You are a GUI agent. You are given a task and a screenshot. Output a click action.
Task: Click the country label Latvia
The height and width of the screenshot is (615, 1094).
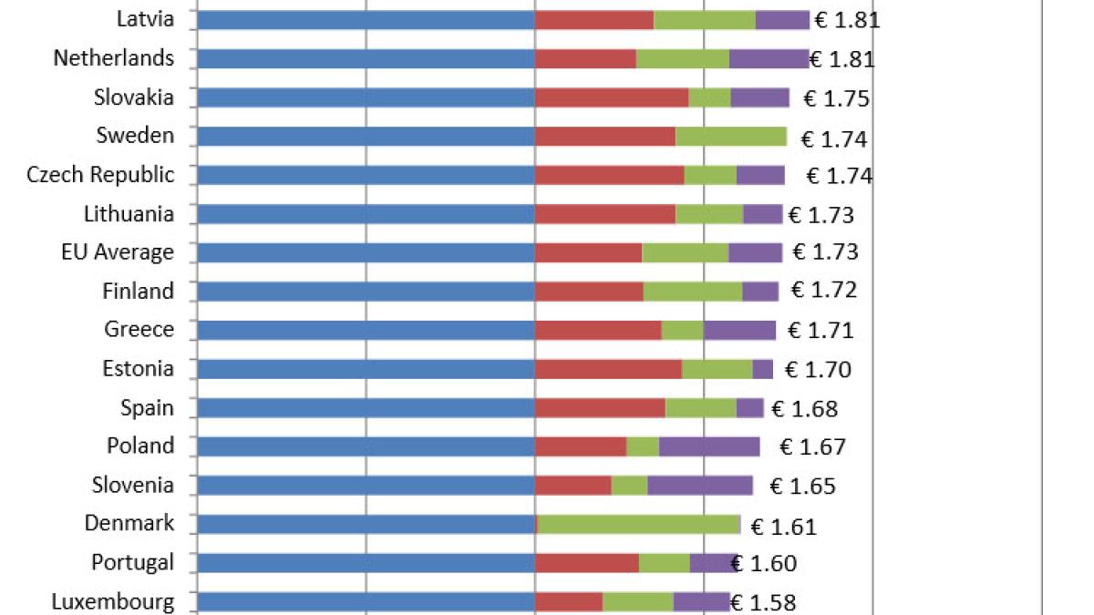coord(145,19)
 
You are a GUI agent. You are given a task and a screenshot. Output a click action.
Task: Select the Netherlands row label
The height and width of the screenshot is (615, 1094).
coord(113,58)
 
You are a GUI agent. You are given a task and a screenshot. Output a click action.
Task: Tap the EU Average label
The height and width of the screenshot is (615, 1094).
coord(117,252)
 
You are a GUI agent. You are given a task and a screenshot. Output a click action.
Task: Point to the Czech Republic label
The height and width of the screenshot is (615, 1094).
coord(100,175)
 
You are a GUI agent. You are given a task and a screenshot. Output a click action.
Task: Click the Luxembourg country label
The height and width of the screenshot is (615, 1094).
coord(112,601)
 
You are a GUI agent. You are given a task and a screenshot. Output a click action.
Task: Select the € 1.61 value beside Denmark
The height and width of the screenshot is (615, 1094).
coord(783,527)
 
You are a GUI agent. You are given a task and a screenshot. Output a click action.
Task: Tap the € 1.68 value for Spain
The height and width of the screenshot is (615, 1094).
coord(804,409)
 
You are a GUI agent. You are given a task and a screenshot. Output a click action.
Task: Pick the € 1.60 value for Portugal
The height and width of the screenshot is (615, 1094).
coord(764,564)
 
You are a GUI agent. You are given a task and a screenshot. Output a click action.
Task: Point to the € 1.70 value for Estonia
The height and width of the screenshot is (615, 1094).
coord(818,370)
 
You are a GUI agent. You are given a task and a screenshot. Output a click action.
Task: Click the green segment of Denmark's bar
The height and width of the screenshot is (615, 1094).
coord(638,524)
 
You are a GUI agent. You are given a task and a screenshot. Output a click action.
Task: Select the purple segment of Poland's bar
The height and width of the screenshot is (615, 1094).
coord(708,446)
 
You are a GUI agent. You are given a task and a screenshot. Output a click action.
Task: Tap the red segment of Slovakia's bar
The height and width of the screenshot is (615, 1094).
coord(611,97)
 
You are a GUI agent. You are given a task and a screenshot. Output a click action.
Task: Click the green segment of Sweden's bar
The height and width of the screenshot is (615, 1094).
coord(730,137)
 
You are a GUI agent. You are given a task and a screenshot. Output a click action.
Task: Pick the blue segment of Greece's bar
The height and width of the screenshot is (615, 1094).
coord(365,330)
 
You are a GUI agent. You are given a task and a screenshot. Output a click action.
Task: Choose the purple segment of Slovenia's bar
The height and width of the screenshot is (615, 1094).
coord(699,485)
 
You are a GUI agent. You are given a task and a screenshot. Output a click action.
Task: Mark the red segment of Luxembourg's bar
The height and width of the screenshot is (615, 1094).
coord(568,601)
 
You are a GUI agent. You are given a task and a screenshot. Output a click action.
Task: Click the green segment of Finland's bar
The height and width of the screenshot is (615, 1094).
coord(692,292)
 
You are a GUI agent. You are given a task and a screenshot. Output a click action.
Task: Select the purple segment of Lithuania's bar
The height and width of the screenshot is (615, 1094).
coord(762,214)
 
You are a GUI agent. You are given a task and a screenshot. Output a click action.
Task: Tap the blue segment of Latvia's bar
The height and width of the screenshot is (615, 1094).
coord(365,20)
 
